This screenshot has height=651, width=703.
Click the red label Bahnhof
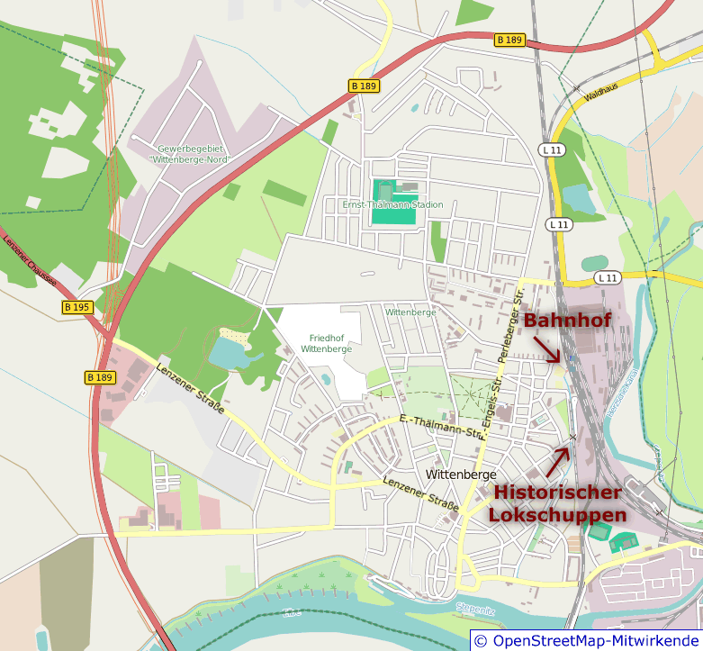pyautogui.click(x=567, y=321)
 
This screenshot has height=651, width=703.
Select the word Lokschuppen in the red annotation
pyautogui.click(x=557, y=515)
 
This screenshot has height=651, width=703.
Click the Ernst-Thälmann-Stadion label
pyautogui.click(x=392, y=205)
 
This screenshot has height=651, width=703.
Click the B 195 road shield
pyautogui.click(x=77, y=307)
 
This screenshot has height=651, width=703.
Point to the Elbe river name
pyautogui.click(x=291, y=611)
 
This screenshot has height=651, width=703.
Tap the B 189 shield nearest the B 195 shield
pyautogui.click(x=101, y=377)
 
